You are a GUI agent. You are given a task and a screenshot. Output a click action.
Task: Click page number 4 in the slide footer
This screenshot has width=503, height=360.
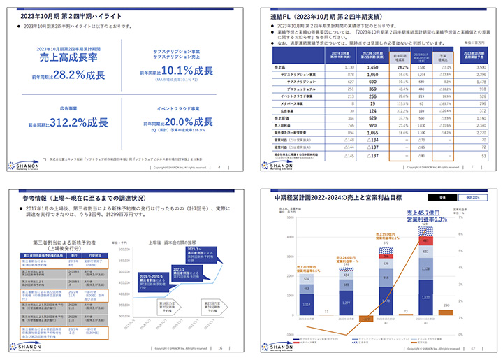220,167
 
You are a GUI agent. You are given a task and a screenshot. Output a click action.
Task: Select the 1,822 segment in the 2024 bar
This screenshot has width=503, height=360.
425,296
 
